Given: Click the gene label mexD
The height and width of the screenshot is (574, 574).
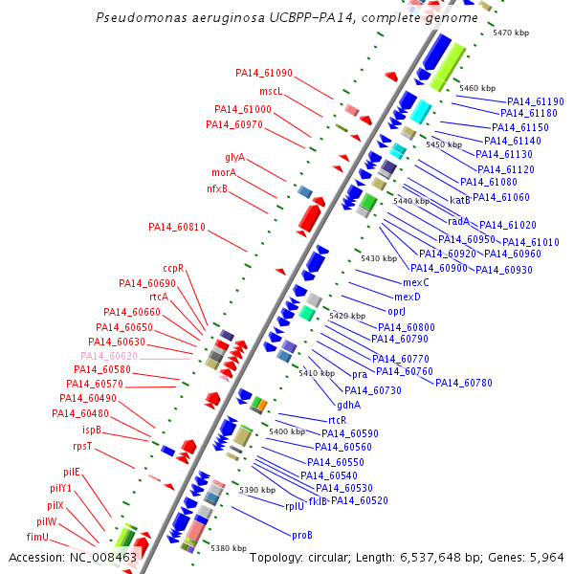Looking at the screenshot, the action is click(x=408, y=297).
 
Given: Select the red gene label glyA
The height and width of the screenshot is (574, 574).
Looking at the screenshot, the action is click(x=234, y=158).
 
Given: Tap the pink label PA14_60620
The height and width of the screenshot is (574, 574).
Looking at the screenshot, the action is click(x=109, y=356).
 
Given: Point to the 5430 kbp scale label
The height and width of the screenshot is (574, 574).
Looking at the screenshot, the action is click(x=379, y=258).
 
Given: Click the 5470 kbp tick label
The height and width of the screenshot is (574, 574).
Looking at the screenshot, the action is click(x=511, y=33).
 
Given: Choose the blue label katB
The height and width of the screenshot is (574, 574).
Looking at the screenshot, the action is click(x=460, y=200).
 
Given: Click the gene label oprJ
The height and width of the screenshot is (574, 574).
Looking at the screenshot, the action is click(x=396, y=312).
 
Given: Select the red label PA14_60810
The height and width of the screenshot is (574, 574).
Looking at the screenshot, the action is click(x=177, y=227).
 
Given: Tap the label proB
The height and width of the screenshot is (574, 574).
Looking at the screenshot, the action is click(x=302, y=535).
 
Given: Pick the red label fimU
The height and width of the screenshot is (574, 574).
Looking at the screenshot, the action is click(x=37, y=537).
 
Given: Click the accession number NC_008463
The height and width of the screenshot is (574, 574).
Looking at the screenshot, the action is click(x=103, y=558).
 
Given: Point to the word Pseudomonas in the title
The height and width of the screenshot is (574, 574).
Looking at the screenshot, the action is click(x=142, y=17).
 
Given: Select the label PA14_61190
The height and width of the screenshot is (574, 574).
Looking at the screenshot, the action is click(x=536, y=101).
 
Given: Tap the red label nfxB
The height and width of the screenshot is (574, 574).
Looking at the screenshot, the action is click(x=217, y=188).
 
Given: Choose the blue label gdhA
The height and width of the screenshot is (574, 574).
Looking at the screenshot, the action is click(x=349, y=406).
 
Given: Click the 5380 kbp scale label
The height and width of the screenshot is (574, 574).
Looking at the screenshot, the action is click(x=229, y=548).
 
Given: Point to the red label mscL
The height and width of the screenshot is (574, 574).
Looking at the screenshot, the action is click(x=271, y=91).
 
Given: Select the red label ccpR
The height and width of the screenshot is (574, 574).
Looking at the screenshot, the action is click(x=173, y=268).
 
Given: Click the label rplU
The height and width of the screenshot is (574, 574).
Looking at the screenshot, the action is click(x=295, y=506).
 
